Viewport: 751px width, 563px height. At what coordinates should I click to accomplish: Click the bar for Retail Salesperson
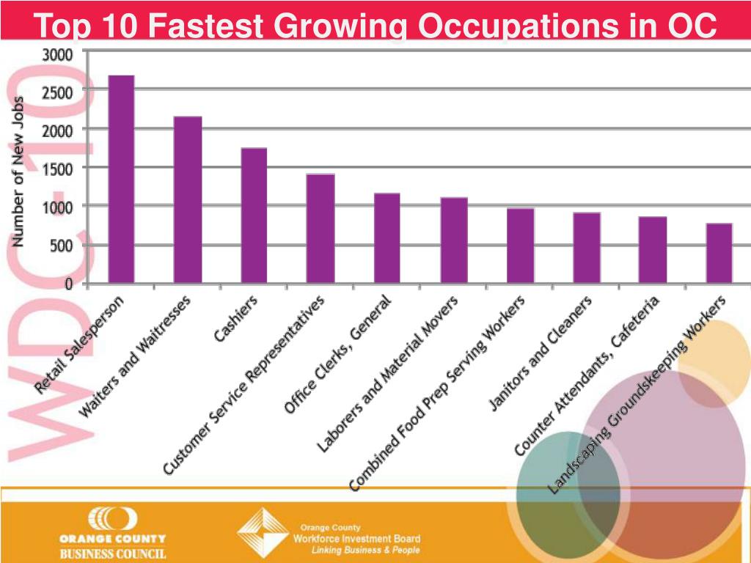[121, 179]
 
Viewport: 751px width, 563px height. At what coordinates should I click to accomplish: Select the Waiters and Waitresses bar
[188, 199]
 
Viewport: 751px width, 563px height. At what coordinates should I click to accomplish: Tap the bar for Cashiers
[254, 216]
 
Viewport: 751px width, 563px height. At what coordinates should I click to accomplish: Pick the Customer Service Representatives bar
[320, 229]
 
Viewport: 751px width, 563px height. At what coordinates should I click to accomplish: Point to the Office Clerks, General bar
[387, 238]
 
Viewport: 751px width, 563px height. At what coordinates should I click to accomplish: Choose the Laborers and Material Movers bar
[454, 240]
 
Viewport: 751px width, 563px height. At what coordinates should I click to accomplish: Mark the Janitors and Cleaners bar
[587, 248]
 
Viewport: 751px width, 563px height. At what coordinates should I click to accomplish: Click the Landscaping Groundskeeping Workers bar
[719, 253]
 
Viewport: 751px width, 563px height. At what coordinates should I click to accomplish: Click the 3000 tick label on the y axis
[57, 54]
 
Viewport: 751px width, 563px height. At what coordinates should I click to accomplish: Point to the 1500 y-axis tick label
[57, 169]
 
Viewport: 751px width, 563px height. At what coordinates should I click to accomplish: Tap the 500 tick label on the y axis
[62, 246]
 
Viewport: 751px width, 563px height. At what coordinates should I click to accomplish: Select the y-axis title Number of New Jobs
[18, 172]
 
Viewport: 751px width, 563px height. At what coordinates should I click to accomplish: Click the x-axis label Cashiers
[235, 318]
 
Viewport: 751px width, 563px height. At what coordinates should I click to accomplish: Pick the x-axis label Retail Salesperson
[79, 345]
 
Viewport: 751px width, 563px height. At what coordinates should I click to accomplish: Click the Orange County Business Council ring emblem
[112, 519]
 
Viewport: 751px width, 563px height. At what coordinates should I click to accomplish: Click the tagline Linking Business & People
[365, 550]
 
